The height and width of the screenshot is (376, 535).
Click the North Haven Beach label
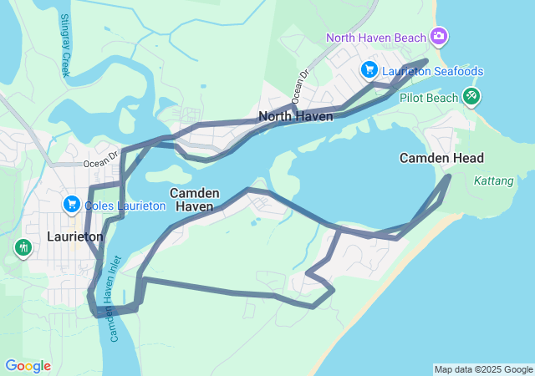coord(376,37)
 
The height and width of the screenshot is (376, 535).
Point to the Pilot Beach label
coord(429,98)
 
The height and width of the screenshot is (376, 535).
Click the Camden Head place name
coord(441,158)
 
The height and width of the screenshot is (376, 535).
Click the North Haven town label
coord(296,116)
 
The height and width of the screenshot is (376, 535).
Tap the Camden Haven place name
coord(195,199)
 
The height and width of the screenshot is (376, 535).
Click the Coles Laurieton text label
coord(120,206)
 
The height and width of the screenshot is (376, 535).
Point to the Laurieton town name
coord(75,236)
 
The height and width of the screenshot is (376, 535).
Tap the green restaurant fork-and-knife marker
coord(23,246)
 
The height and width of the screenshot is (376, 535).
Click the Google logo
coord(28,366)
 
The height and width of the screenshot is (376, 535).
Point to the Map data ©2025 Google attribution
coord(483,369)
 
